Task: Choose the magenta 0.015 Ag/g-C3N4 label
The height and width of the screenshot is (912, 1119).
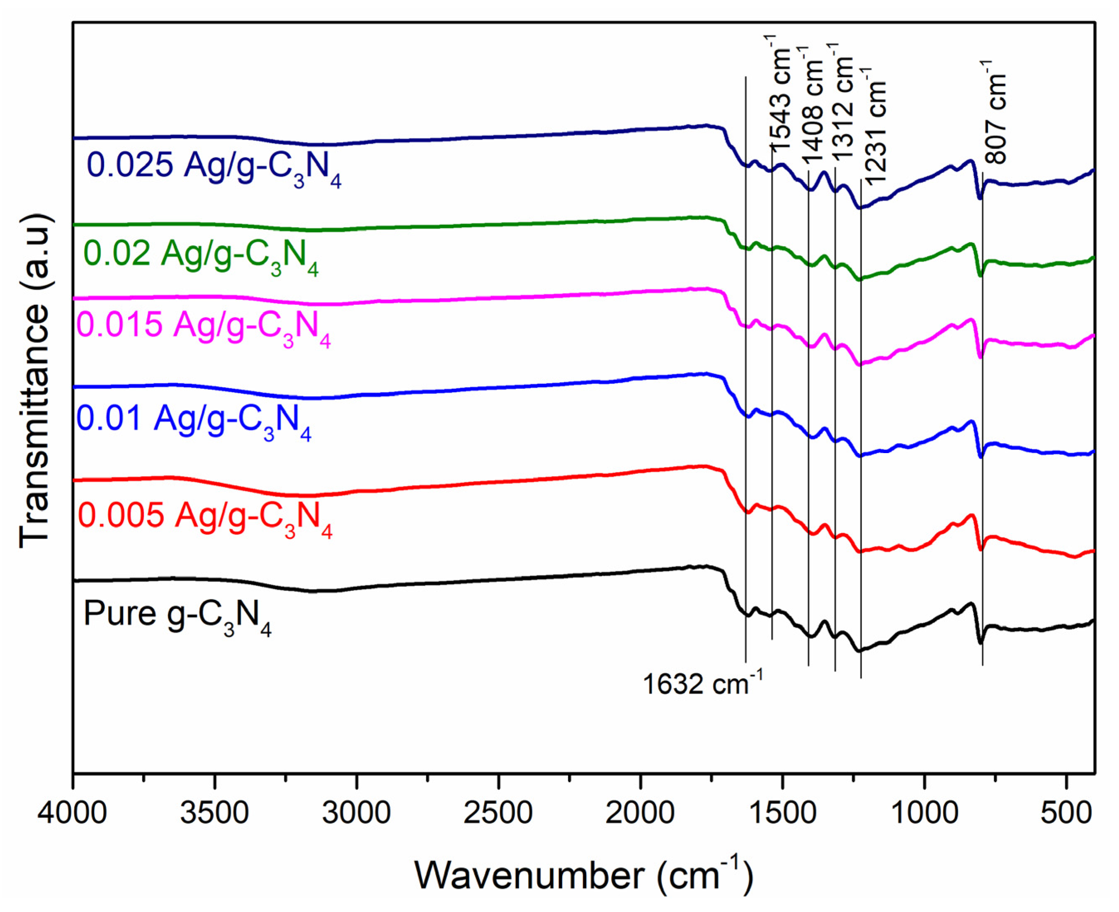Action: tap(204, 326)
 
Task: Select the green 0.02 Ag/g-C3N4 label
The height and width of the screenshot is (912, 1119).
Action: tap(201, 255)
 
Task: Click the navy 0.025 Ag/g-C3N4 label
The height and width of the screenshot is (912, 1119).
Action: tap(214, 167)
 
